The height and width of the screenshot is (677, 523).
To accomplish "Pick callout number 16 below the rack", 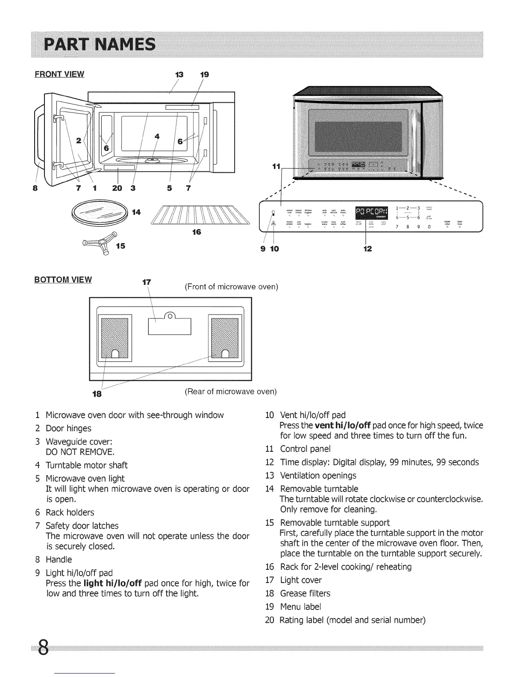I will pos(197,232).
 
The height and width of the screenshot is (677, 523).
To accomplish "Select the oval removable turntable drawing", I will pos(101,212).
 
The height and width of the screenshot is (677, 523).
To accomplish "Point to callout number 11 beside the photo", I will pos(276,166).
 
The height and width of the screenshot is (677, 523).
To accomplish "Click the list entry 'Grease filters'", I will pos(305,593).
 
